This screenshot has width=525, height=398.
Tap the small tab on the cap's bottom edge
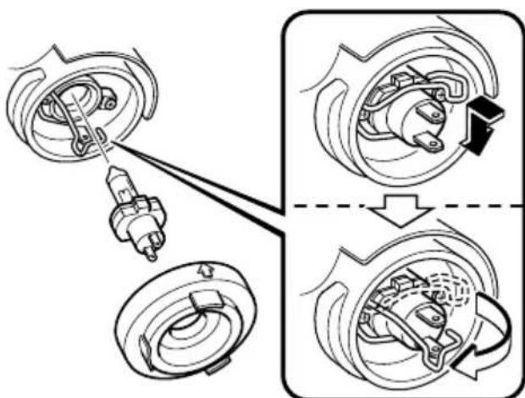(218, 363)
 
